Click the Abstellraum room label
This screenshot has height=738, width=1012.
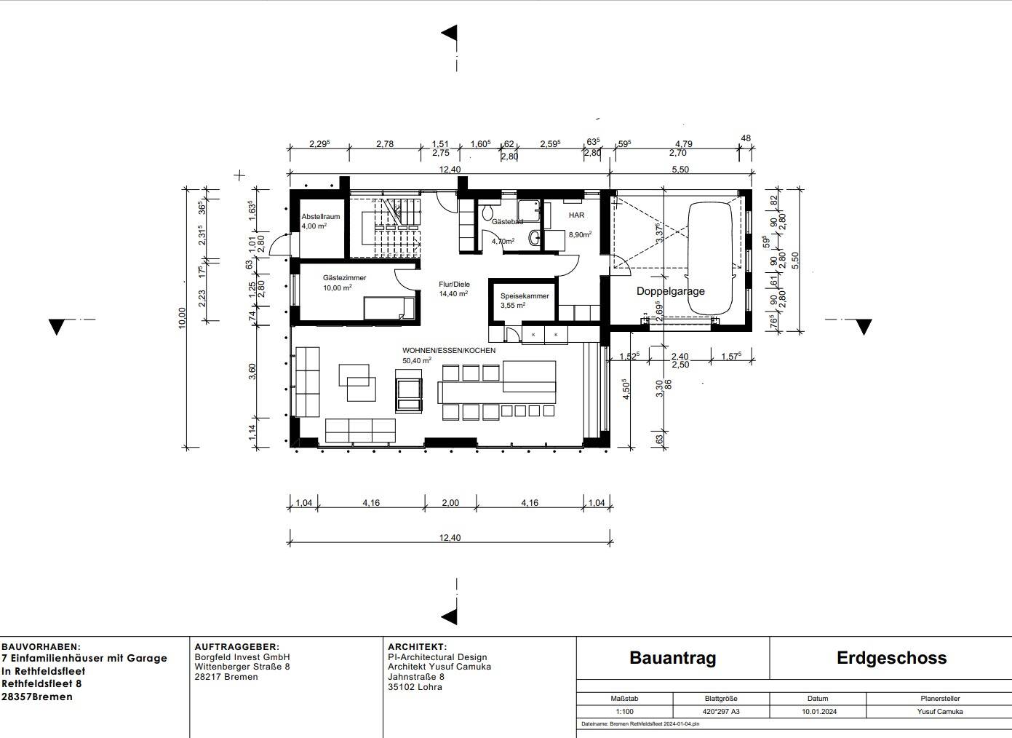tap(321, 216)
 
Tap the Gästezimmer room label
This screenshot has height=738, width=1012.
tap(344, 278)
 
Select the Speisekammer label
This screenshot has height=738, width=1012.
tap(524, 296)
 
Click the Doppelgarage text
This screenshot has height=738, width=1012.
tap(670, 291)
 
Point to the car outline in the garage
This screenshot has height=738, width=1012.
tap(710, 258)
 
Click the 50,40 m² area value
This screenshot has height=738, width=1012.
tap(416, 360)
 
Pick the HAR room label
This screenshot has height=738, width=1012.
tap(576, 215)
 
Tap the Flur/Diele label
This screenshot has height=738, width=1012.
tap(454, 285)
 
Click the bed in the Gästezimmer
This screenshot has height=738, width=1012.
tap(389, 308)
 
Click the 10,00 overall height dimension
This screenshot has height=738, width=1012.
tap(182, 317)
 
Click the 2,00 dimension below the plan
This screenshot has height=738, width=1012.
tap(450, 503)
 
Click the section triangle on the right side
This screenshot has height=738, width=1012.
tap(863, 327)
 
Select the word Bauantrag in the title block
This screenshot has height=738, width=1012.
tap(672, 658)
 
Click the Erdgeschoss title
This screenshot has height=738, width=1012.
tap(891, 658)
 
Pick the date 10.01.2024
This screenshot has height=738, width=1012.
tap(819, 712)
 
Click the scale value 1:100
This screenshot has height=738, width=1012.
tap(624, 712)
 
